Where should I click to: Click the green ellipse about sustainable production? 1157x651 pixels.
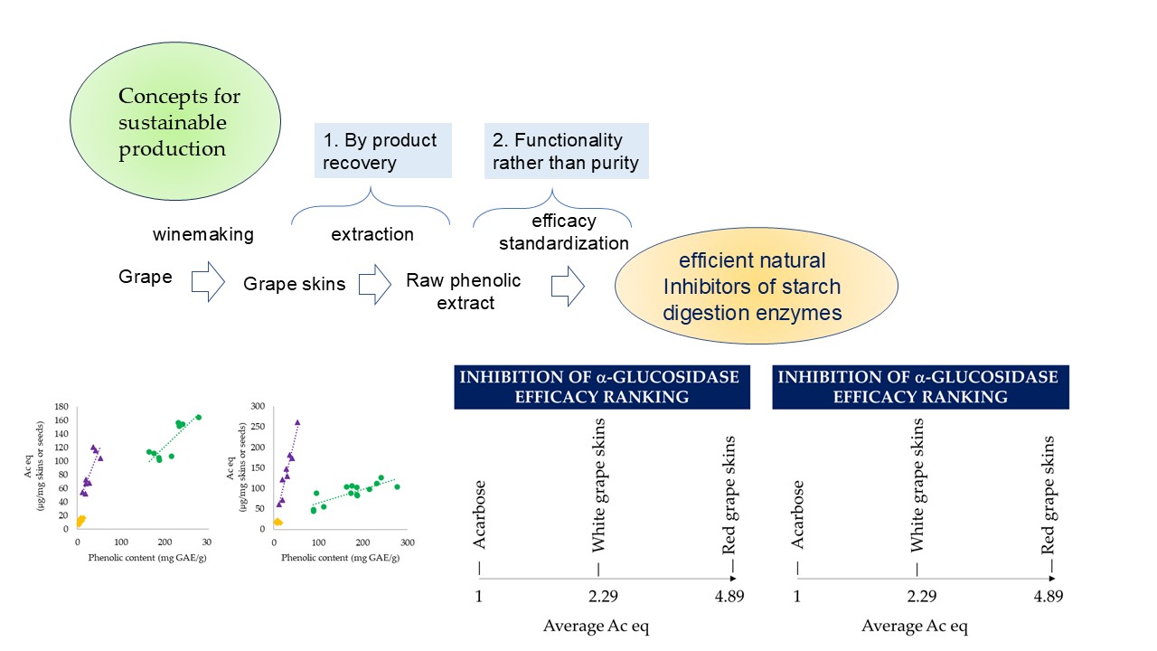[x=180, y=122]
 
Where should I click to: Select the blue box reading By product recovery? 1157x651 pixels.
[x=381, y=151]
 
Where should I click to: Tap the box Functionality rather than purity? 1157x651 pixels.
[x=567, y=151]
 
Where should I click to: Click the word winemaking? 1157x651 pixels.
[x=203, y=234]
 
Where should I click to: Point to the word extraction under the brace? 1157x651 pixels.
[x=372, y=234]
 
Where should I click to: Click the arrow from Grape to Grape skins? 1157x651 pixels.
[x=208, y=282]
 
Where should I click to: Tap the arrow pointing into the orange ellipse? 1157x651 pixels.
[x=568, y=286]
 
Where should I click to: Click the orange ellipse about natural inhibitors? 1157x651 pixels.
[x=756, y=287]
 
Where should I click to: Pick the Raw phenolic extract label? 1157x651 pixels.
[x=464, y=291]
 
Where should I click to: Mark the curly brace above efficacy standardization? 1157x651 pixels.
[x=551, y=215]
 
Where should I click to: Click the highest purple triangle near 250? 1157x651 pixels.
[x=297, y=422]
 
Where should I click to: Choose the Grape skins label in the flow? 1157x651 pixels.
[x=294, y=284]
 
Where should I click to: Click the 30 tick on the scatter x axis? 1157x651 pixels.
[x=207, y=542]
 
